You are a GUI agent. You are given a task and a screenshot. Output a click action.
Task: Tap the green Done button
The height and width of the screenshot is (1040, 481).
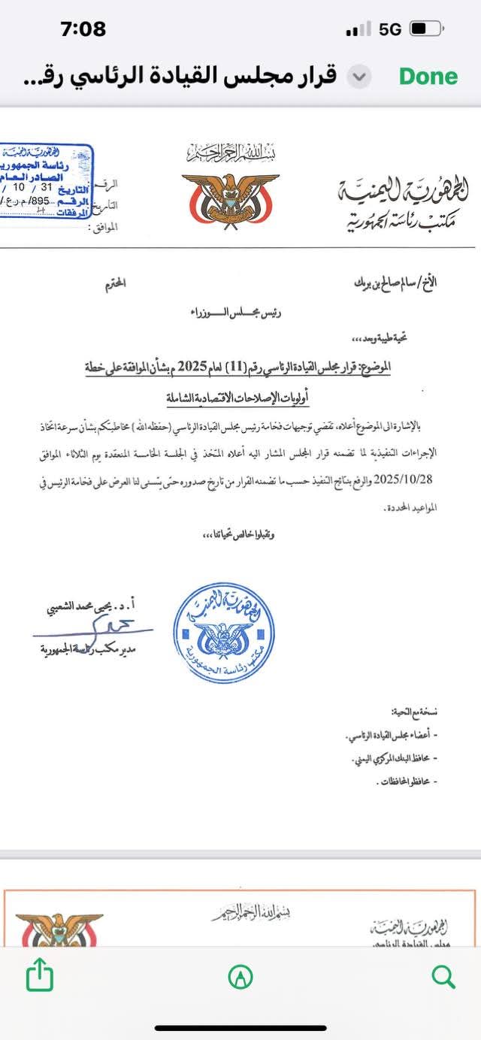click(x=428, y=76)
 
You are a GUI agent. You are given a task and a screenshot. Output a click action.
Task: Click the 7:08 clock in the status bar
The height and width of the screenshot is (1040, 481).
click(x=83, y=29)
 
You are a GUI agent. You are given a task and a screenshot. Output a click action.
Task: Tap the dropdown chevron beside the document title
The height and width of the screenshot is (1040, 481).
click(x=361, y=76)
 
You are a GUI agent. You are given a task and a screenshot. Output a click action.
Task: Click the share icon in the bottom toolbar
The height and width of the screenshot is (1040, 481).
click(x=40, y=977)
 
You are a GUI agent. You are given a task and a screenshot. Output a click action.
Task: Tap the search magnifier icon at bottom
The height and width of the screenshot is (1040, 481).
click(x=443, y=977)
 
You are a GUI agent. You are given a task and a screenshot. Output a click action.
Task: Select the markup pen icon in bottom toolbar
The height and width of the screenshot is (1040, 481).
click(x=240, y=977)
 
